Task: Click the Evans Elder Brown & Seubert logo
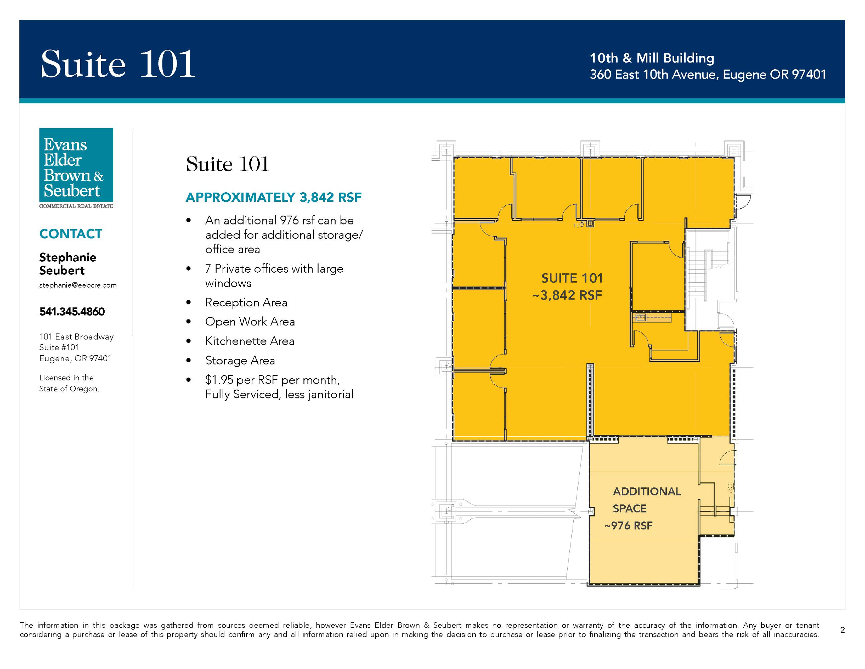pyautogui.click(x=76, y=168)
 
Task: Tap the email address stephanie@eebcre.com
pyautogui.click(x=78, y=285)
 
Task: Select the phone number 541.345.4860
pyautogui.click(x=72, y=311)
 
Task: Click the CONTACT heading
pyautogui.click(x=71, y=234)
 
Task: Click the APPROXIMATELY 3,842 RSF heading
pyautogui.click(x=274, y=197)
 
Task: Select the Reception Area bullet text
pyautogui.click(x=246, y=302)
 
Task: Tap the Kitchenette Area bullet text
pyautogui.click(x=250, y=341)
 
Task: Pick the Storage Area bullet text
pyautogui.click(x=240, y=361)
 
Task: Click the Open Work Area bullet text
pyautogui.click(x=250, y=322)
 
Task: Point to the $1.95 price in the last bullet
pyautogui.click(x=219, y=380)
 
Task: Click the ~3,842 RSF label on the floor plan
pyautogui.click(x=567, y=295)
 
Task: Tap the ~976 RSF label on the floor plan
pyautogui.click(x=628, y=525)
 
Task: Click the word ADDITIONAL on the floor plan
pyautogui.click(x=647, y=491)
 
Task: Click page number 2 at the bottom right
pyautogui.click(x=842, y=630)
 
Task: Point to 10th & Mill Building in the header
pyautogui.click(x=652, y=58)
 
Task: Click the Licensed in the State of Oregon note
pyautogui.click(x=69, y=383)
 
